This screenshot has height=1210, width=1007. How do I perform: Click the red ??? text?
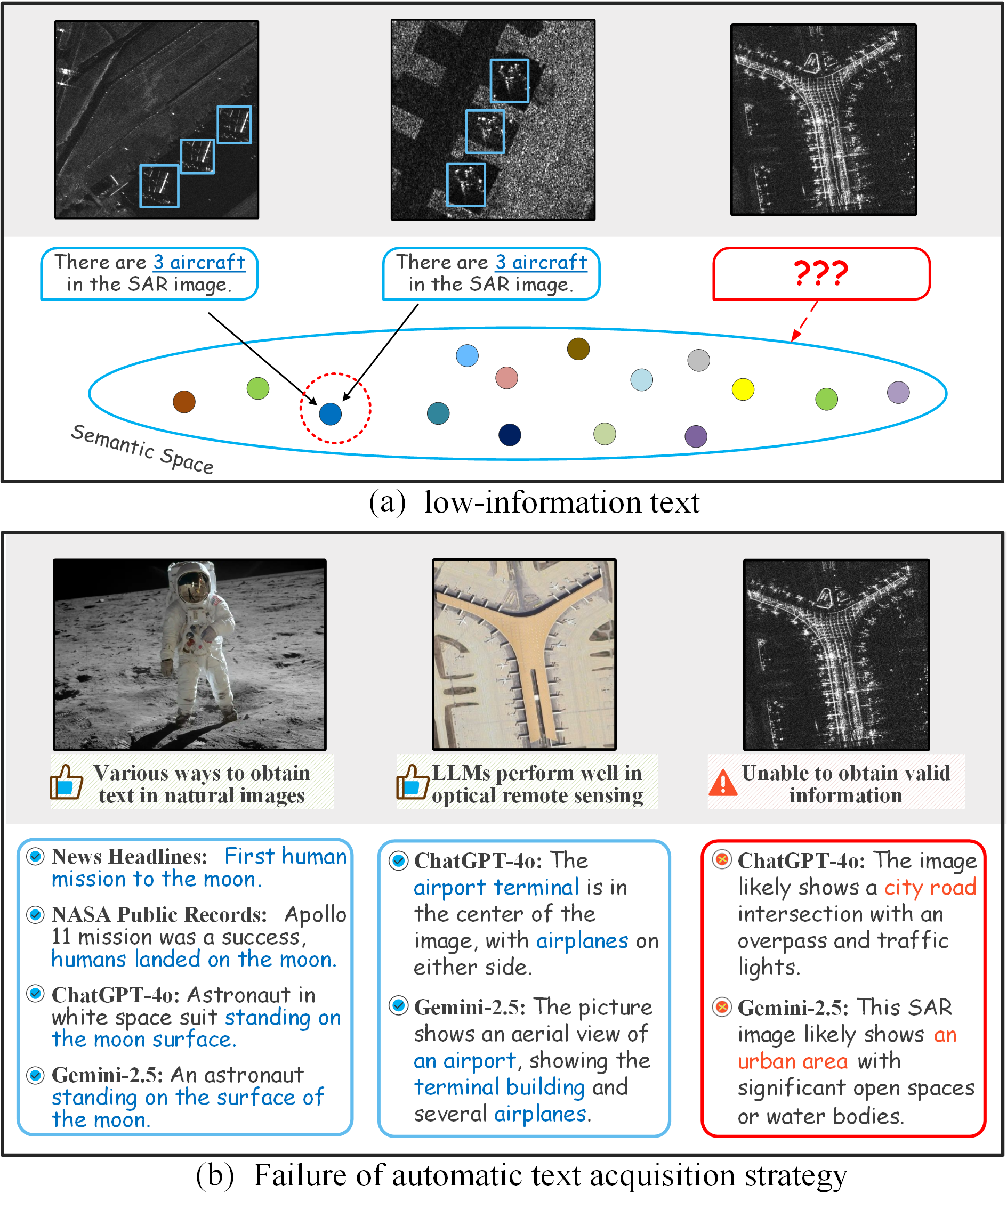click(x=821, y=273)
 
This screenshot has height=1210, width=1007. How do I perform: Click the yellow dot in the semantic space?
click(x=743, y=389)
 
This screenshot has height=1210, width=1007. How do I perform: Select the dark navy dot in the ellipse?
click(x=510, y=434)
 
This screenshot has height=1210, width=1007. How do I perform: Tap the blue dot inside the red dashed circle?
click(x=331, y=413)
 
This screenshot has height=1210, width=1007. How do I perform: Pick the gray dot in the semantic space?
click(x=699, y=360)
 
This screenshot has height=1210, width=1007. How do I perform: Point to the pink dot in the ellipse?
click(x=506, y=378)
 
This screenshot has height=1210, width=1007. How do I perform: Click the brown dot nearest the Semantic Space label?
click(x=184, y=402)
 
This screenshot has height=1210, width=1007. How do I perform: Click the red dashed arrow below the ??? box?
click(x=804, y=320)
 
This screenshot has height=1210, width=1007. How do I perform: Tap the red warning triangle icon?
click(x=723, y=783)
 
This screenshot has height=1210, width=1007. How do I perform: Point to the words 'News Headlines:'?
click(x=129, y=857)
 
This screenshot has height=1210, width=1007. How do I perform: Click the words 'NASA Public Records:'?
click(x=159, y=915)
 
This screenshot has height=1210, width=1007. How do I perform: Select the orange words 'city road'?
click(x=930, y=887)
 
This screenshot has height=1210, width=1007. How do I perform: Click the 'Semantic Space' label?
click(x=142, y=449)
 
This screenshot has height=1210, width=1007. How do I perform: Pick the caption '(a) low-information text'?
click(x=534, y=502)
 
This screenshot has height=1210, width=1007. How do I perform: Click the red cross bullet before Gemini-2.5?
click(x=722, y=1007)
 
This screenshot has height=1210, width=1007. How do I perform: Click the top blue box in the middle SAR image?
click(x=510, y=80)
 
